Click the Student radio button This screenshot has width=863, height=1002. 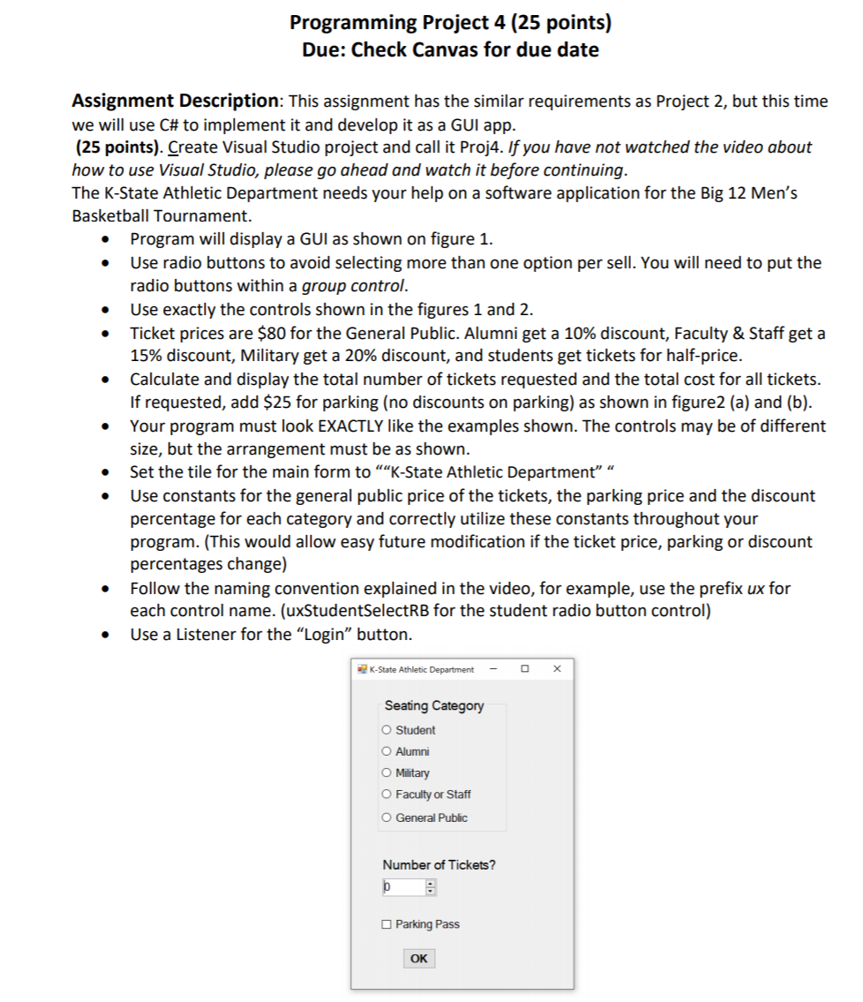pyautogui.click(x=386, y=730)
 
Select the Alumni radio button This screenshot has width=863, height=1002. pyautogui.click(x=386, y=751)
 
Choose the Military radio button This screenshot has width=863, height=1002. pyautogui.click(x=386, y=772)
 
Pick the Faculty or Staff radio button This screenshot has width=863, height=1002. pyautogui.click(x=386, y=795)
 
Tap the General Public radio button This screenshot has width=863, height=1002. pyautogui.click(x=386, y=817)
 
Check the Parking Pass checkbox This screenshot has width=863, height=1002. pyautogui.click(x=386, y=924)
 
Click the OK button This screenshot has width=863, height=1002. pyautogui.click(x=419, y=959)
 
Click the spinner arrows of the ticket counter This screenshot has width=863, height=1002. pyautogui.click(x=431, y=887)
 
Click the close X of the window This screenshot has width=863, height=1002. pyautogui.click(x=557, y=669)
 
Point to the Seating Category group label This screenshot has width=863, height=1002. pyautogui.click(x=434, y=705)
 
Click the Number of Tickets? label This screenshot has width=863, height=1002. pyautogui.click(x=439, y=864)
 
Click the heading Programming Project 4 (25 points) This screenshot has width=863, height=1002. pyautogui.click(x=450, y=22)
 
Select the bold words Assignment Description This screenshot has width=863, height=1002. pyautogui.click(x=176, y=101)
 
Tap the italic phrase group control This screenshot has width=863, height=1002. pyautogui.click(x=354, y=286)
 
